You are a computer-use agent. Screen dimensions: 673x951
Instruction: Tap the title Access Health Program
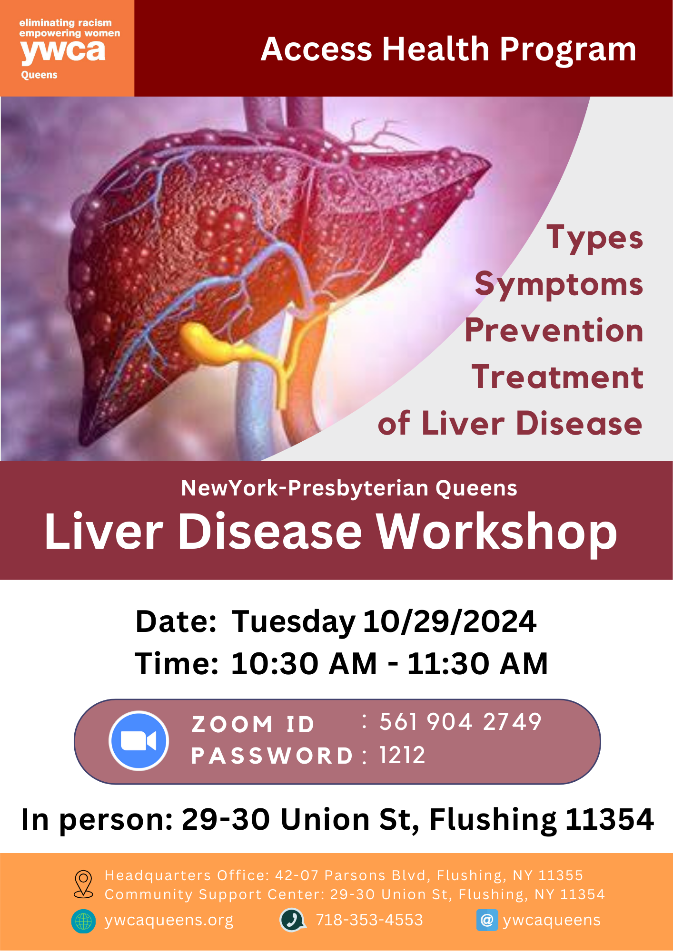tap(448, 49)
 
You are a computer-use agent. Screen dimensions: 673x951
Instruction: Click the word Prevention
tap(554, 330)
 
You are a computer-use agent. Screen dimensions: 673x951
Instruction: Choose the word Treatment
tap(558, 377)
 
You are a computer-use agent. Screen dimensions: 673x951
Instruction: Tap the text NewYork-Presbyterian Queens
tap(349, 488)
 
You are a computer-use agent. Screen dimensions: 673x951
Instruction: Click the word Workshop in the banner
tap(497, 532)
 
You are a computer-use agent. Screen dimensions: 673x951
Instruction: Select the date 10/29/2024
tap(450, 621)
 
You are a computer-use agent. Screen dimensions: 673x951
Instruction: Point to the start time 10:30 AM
tap(304, 663)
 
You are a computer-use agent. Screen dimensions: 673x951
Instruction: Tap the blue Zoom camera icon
tap(139, 740)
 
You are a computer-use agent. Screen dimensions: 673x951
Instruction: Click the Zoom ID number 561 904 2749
tap(460, 722)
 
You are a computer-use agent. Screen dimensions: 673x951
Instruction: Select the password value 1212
tap(402, 755)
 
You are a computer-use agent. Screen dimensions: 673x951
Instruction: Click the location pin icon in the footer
tap(84, 884)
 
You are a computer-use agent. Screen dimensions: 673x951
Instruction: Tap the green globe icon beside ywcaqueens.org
tap(83, 921)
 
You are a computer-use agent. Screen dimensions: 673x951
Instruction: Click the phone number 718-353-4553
tap(369, 920)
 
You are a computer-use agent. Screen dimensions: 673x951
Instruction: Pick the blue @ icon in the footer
tap(487, 920)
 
